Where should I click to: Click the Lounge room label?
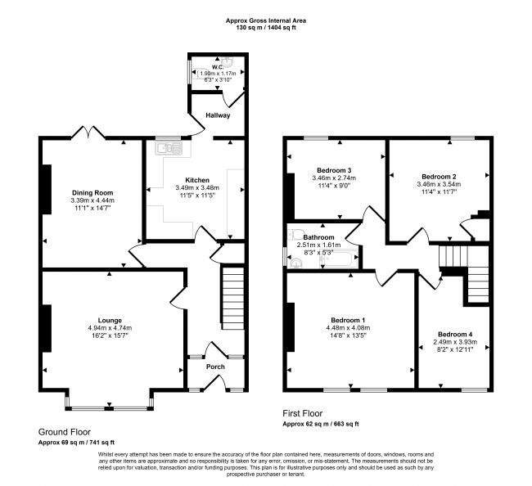(x=110, y=320)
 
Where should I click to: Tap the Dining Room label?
(x=92, y=193)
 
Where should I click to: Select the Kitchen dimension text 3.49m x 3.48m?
(x=197, y=187)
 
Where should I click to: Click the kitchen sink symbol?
(x=169, y=148)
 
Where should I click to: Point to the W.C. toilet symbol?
(x=197, y=73)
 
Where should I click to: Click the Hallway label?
(x=218, y=115)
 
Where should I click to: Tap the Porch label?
(x=215, y=367)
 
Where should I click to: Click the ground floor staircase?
(x=233, y=298)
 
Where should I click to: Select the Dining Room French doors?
(x=88, y=132)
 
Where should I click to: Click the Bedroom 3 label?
(x=334, y=170)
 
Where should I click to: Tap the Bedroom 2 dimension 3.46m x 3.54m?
(x=439, y=184)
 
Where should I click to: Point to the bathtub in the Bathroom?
(x=338, y=259)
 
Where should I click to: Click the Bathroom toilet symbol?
(x=294, y=234)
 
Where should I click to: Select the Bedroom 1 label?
(x=348, y=320)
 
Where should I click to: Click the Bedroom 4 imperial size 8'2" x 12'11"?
(x=455, y=349)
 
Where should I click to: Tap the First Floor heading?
(x=303, y=413)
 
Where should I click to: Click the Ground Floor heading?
(x=65, y=432)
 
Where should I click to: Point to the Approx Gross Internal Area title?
(x=266, y=20)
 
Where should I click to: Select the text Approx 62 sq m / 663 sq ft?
(x=321, y=424)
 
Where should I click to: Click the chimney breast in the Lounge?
(x=47, y=328)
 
